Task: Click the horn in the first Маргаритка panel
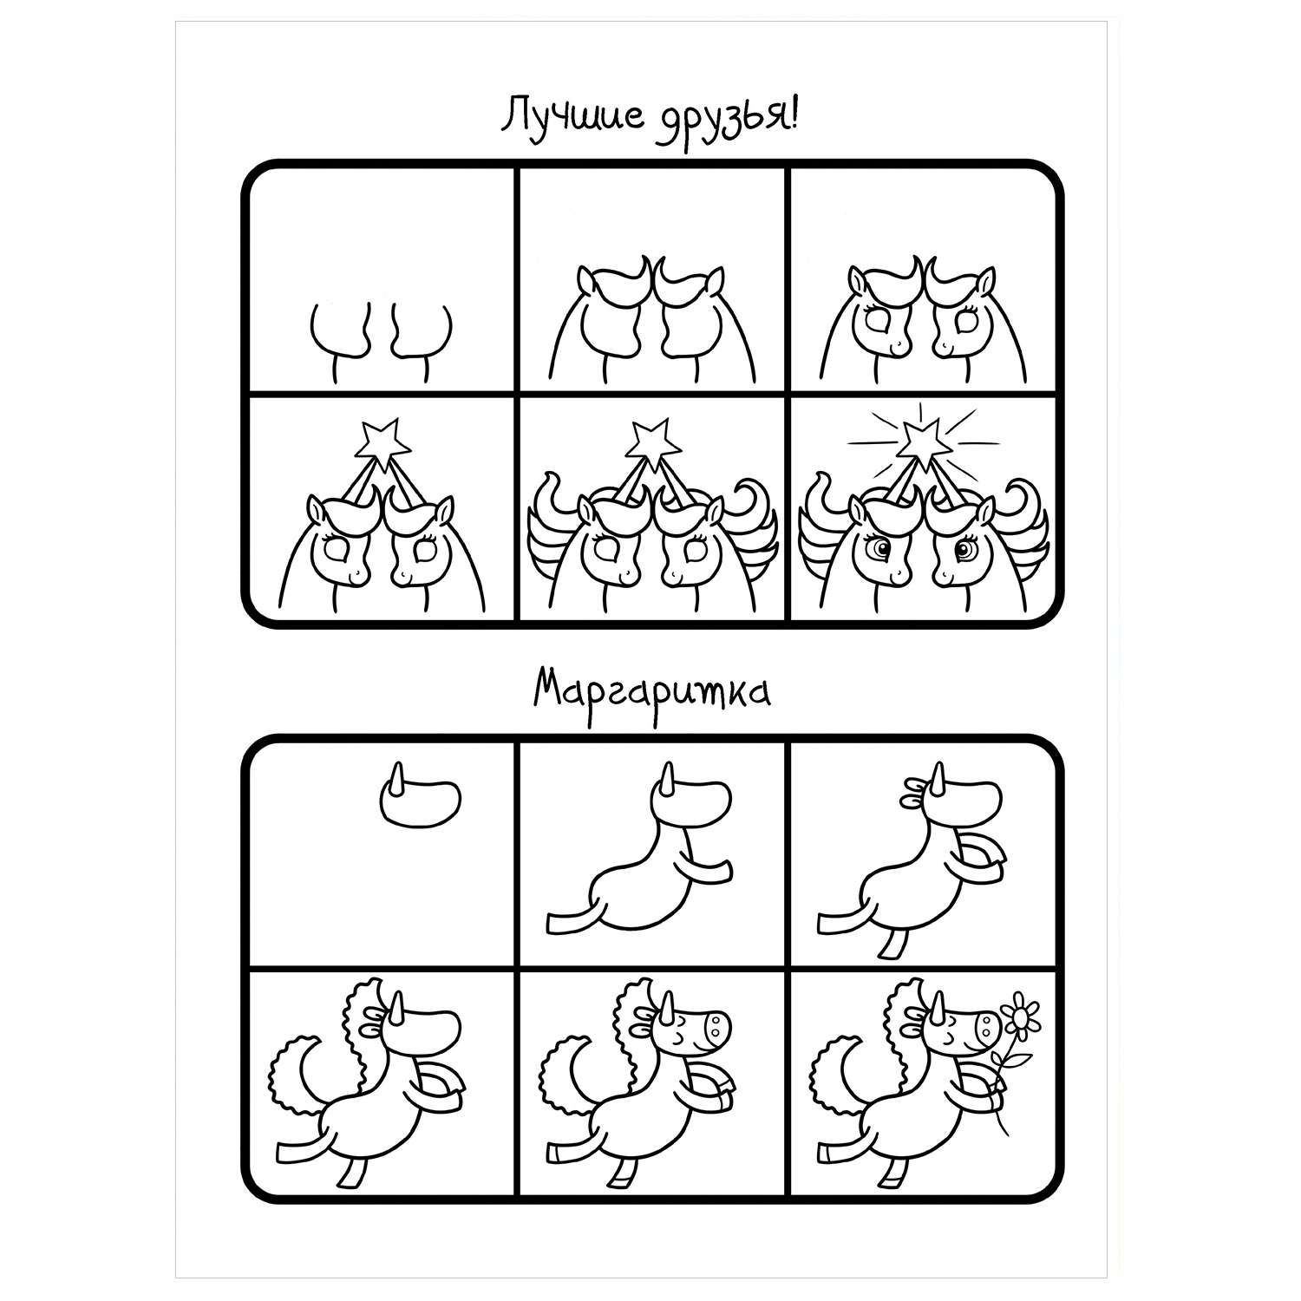(x=399, y=778)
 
